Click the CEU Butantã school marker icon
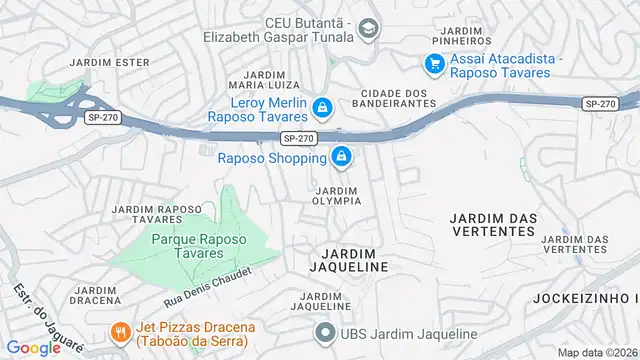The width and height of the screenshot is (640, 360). click(368, 28)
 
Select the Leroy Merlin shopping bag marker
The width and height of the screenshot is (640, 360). click(322, 107)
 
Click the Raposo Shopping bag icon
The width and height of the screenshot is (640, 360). click(342, 157)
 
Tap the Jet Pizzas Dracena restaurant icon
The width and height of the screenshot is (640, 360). click(118, 333)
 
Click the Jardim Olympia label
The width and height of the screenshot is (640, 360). click(337, 195)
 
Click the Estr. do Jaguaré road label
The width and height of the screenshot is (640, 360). click(48, 317)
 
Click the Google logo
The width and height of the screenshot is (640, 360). click(33, 348)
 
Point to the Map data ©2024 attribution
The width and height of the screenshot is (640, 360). click(597, 352)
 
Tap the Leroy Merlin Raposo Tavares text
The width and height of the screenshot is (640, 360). click(257, 108)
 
